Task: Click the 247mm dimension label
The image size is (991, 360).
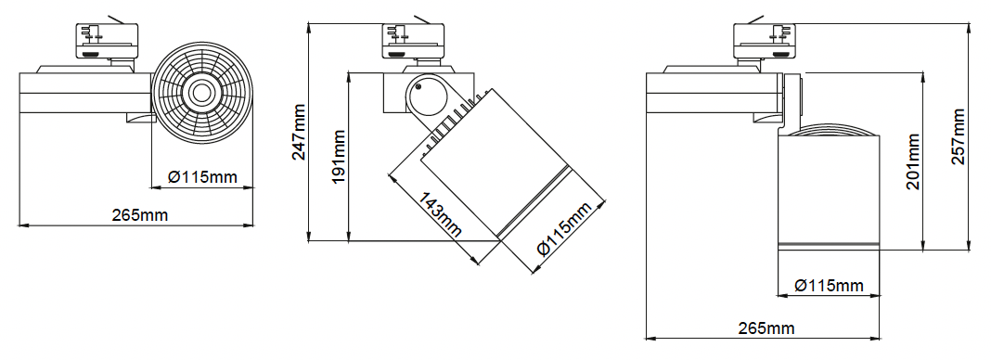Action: pyautogui.click(x=299, y=132)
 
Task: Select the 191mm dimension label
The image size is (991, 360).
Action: pyautogui.click(x=340, y=157)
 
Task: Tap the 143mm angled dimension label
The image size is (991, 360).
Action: pyautogui.click(x=440, y=214)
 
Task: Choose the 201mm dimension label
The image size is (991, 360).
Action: pyautogui.click(x=913, y=161)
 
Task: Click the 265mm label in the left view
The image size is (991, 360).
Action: pyautogui.click(x=140, y=214)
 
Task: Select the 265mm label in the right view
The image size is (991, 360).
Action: pyautogui.click(x=766, y=328)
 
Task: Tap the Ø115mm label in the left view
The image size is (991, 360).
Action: pyautogui.click(x=202, y=177)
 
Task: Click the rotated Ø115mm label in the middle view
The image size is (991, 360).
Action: pyautogui.click(x=564, y=228)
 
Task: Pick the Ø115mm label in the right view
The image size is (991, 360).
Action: pyautogui.click(x=829, y=286)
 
